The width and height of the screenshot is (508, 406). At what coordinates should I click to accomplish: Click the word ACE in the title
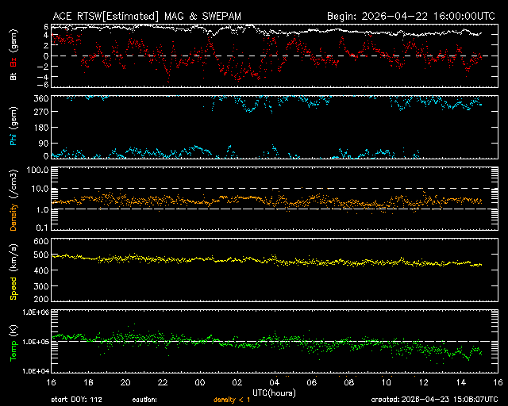point(63,16)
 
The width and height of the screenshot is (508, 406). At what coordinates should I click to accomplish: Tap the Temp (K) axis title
point(13,342)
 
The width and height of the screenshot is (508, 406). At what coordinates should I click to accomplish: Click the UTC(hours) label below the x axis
point(275,392)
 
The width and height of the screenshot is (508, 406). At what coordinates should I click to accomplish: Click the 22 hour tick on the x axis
point(163,382)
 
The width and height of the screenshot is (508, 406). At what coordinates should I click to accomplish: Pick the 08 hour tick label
point(349,382)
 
